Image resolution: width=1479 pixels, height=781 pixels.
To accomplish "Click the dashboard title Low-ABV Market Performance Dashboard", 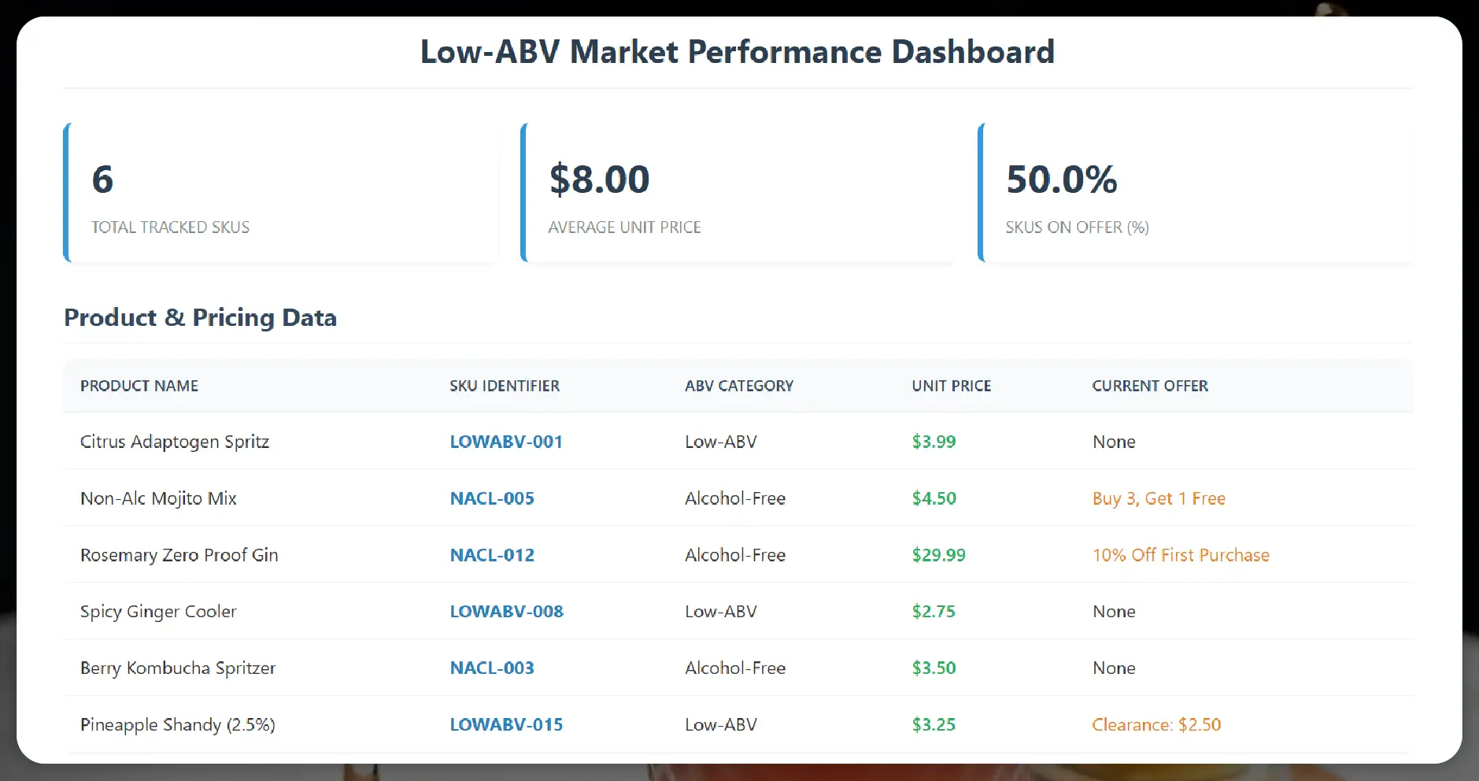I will point(737,52).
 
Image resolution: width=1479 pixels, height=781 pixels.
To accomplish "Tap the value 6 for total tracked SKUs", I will point(102,180).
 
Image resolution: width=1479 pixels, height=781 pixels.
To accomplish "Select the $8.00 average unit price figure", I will point(599,180).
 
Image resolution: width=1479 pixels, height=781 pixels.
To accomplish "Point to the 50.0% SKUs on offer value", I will point(1061,180).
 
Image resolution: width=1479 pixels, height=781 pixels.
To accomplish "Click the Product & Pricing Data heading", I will point(200,317).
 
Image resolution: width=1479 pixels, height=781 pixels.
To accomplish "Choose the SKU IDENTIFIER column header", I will point(505,386).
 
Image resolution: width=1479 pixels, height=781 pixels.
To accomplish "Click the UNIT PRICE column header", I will point(951,386).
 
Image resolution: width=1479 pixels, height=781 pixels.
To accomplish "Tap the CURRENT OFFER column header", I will point(1149,386).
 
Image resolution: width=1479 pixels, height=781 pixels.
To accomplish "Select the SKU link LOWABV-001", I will point(506,442).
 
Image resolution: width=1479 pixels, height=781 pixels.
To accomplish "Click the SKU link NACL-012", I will point(492,555).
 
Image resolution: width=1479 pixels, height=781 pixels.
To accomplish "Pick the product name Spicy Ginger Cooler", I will point(158,612).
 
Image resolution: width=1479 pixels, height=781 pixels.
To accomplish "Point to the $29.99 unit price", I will point(938,555).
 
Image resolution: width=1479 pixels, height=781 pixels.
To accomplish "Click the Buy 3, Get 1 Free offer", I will point(1158,498).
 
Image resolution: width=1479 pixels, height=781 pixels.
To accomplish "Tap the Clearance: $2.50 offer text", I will point(1155,724).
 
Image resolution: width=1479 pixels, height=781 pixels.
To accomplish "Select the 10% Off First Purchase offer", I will point(1180,555).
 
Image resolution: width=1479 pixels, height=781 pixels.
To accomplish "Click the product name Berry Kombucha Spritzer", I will point(178,668).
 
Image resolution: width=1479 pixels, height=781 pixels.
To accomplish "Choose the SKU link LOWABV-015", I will point(506,724).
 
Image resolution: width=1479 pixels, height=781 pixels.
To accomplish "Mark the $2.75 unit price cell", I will point(934,612).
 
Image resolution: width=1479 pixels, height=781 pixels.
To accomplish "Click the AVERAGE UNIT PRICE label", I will point(624,228).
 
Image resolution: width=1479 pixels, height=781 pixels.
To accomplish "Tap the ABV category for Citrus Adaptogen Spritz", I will point(720,442).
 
